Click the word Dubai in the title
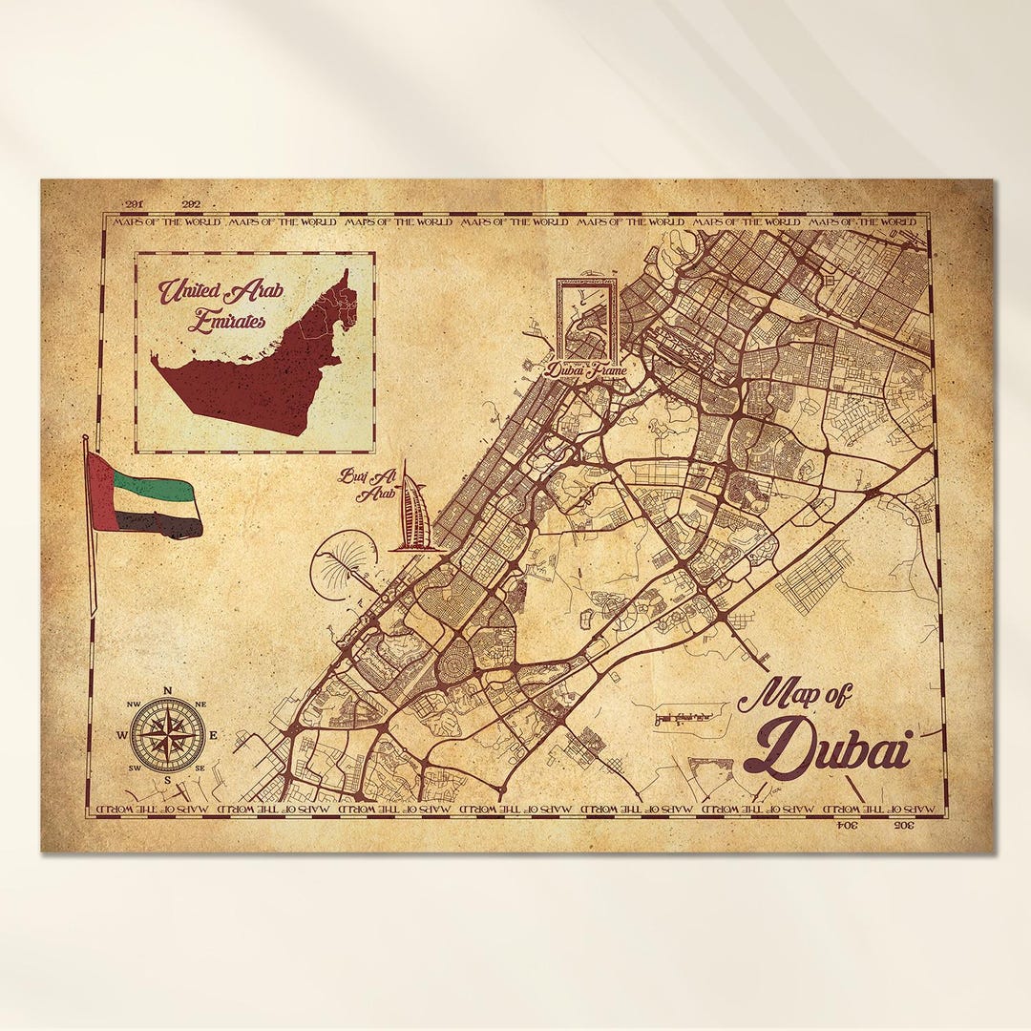[827, 747]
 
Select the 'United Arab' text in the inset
[221, 289]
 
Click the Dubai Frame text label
[585, 368]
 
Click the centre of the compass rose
[167, 735]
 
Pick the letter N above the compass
[167, 691]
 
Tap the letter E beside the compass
[212, 735]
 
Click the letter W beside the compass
[122, 735]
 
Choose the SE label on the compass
[200, 768]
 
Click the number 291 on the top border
[134, 204]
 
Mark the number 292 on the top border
[191, 204]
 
